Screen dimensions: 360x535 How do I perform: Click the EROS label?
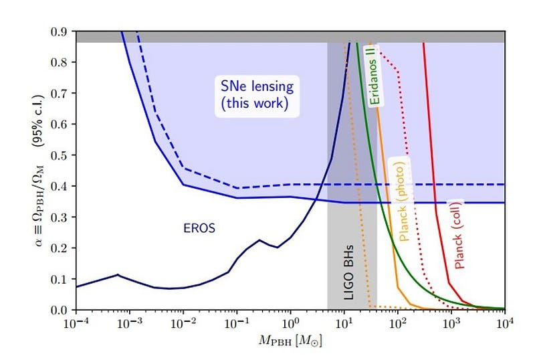(x=199, y=228)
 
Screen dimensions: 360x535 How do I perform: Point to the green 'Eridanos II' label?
(x=372, y=76)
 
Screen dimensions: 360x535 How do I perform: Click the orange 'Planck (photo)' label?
(x=405, y=201)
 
